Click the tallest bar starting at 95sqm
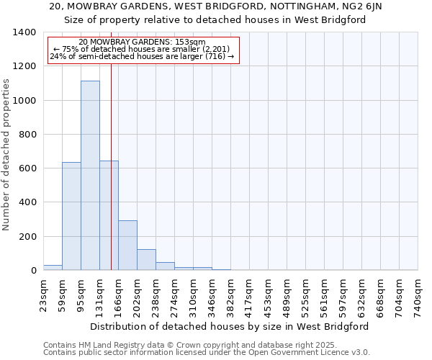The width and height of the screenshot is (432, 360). coord(90,176)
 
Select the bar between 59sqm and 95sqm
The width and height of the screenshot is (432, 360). coord(71,216)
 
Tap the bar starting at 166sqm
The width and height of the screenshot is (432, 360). coord(127,245)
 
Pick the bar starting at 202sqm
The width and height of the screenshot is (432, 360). coord(146,259)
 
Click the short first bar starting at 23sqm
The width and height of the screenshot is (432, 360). coord(53,267)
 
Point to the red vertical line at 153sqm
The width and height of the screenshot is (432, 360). coord(111,166)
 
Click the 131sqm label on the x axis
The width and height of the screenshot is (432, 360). coord(100,295)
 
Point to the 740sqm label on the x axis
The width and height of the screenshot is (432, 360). coord(418,295)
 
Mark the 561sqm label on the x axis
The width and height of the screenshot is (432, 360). coord(325,295)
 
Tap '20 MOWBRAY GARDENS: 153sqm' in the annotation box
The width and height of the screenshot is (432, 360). coord(142,42)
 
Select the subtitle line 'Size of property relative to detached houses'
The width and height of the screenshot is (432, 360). coord(217,20)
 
